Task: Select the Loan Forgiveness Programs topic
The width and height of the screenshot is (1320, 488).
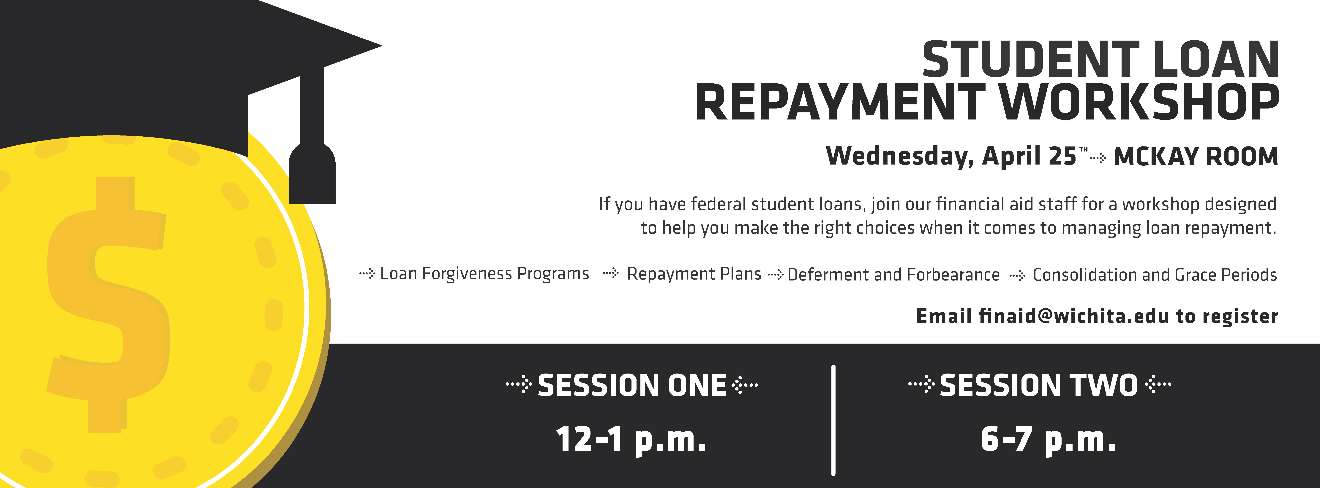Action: [x=484, y=274]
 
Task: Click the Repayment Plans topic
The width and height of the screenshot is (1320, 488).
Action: [x=694, y=274]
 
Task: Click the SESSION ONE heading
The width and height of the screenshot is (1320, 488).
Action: [x=632, y=385]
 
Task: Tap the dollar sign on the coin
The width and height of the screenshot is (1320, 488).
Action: [x=108, y=305]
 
